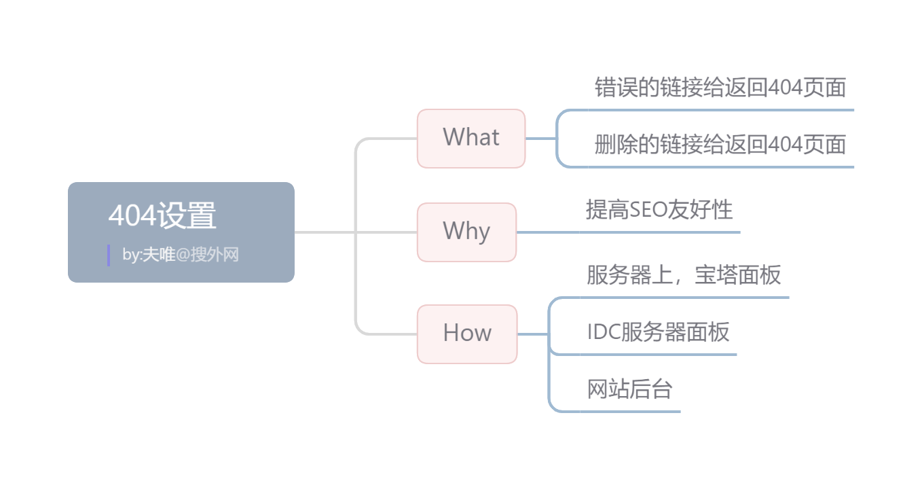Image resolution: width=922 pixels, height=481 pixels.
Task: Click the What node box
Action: [x=471, y=138]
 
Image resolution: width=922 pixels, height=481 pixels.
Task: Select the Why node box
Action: [x=466, y=232]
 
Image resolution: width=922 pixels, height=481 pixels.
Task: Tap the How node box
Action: [x=467, y=334]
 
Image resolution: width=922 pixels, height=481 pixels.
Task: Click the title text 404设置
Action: [x=162, y=216]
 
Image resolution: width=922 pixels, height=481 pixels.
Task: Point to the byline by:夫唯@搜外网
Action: [x=181, y=255]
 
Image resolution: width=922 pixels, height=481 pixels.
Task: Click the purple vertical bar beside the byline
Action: [x=109, y=255]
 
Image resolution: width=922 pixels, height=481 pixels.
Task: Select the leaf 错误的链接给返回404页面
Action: [x=720, y=88]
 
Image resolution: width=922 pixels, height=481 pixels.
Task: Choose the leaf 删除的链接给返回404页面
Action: [x=720, y=144]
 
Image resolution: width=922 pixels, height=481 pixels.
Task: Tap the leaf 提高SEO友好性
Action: [x=659, y=209]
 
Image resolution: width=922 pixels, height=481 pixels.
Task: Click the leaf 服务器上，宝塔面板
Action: [x=684, y=274]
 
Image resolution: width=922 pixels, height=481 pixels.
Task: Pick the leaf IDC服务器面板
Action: [x=658, y=332]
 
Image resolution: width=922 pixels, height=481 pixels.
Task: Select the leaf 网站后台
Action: [x=629, y=389]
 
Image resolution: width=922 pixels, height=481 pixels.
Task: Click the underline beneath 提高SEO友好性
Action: [x=659, y=232]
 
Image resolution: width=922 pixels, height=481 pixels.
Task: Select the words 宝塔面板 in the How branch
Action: [x=738, y=274]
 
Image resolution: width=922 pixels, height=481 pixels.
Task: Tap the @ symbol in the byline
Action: [x=183, y=255]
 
